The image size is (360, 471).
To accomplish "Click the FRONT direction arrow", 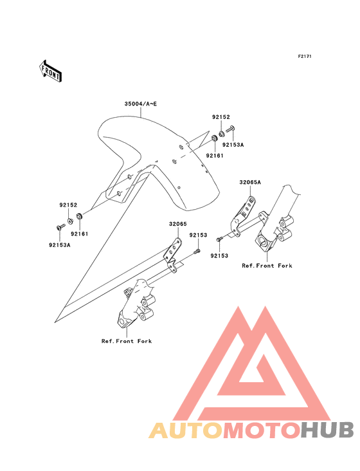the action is point(50,71).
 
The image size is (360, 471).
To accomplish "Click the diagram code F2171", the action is point(305,57).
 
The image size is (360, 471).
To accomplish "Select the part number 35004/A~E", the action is point(141,104).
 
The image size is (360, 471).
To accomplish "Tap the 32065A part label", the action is point(250,182).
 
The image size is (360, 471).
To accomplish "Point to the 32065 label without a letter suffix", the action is point(178,224).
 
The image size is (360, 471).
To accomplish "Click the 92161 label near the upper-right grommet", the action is point(215,156).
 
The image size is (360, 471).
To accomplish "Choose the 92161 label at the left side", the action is point(80,234).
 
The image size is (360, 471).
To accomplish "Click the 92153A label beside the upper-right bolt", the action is point(233,145).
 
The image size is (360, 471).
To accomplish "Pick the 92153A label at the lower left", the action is point(60,245).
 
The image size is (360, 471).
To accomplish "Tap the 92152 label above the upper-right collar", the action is point(221,117).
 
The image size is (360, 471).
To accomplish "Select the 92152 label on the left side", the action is point(68,205).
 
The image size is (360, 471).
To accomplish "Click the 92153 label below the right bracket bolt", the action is point(219,256).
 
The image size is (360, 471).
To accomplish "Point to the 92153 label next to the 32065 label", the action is point(198,235).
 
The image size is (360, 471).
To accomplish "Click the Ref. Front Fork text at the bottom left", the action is point(127,341).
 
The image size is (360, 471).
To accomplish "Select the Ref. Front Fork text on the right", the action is point(267,266).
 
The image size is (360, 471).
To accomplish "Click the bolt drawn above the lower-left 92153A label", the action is point(60,226).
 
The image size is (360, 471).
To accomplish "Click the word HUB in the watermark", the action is point(327,430).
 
